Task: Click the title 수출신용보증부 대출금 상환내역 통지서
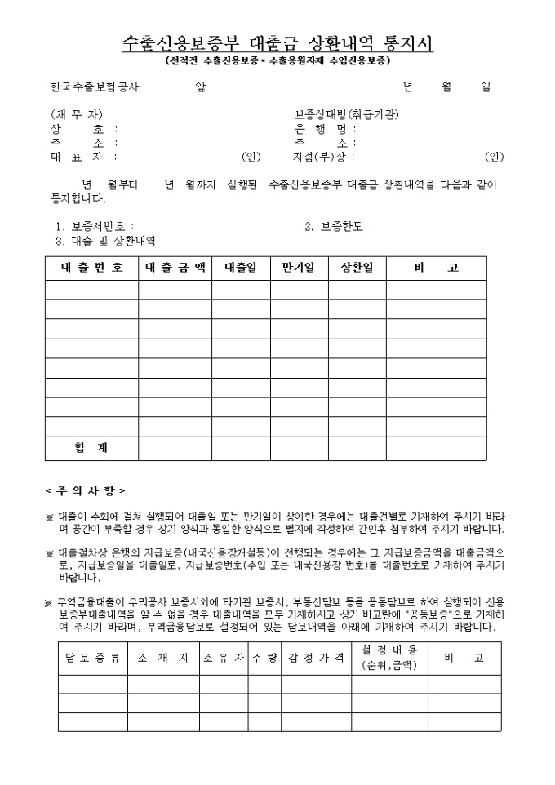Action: pyautogui.click(x=277, y=44)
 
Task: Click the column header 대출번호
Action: pyautogui.click(x=91, y=268)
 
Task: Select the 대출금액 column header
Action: pyautogui.click(x=175, y=268)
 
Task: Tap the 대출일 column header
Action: pyautogui.click(x=240, y=268)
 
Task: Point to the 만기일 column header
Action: pyautogui.click(x=298, y=268)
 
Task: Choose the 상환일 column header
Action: pyautogui.click(x=357, y=268)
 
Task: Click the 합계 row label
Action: pyautogui.click(x=91, y=448)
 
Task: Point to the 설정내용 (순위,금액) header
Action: pyautogui.click(x=388, y=658)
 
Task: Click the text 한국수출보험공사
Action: pyautogui.click(x=95, y=86)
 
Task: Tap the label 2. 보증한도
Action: pyautogui.click(x=339, y=226)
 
